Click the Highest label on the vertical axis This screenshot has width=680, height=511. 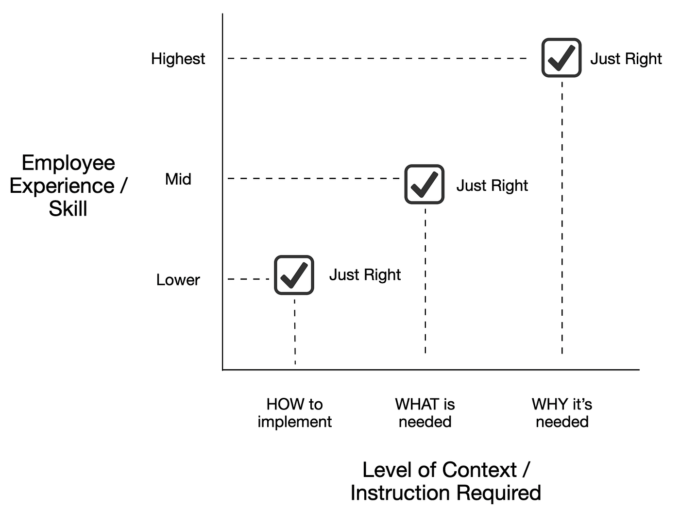point(178,59)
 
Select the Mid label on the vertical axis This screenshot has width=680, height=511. point(178,179)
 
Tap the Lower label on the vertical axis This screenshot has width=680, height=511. point(178,280)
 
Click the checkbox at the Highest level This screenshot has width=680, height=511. point(561,58)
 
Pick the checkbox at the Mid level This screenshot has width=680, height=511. point(425,184)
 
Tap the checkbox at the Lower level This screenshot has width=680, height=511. point(294,275)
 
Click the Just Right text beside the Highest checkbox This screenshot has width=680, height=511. point(626,59)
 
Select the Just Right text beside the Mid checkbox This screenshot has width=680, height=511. point(492,186)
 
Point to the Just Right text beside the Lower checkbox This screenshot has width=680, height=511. point(365,275)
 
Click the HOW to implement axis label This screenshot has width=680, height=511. point(294,413)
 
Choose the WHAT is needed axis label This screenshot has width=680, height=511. point(425,413)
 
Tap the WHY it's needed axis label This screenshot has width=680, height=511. point(562,413)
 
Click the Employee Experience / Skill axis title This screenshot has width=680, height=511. point(68,186)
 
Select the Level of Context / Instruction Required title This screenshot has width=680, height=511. point(445,481)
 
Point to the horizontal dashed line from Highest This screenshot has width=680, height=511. point(377,58)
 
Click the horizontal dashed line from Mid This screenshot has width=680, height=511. point(313,179)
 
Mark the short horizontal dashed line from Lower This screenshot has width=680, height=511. point(248,279)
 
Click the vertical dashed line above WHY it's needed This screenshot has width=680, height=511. point(562,219)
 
